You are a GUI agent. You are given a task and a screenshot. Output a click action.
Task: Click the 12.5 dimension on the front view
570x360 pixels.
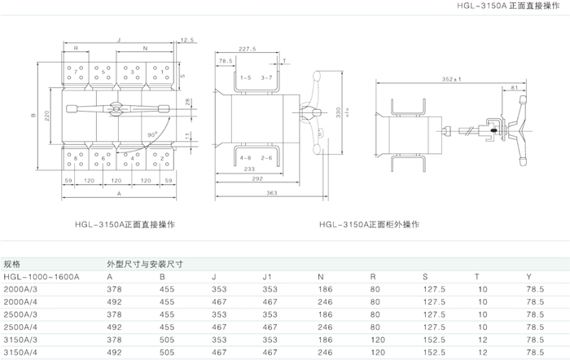[188, 39]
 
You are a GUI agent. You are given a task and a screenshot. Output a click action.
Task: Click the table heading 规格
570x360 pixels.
[13, 265]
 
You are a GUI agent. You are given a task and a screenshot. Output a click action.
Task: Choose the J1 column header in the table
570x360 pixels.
[266, 277]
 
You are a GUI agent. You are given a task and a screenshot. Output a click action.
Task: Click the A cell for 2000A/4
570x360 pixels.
[115, 301]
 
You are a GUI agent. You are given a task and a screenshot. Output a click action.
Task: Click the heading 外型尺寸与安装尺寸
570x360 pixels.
[144, 265]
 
